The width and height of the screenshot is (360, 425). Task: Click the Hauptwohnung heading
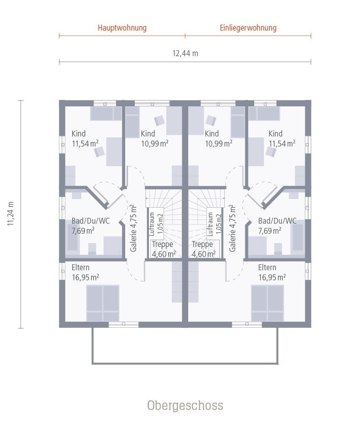122,28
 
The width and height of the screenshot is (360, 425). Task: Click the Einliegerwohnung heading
248,28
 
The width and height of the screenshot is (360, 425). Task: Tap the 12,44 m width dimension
185,53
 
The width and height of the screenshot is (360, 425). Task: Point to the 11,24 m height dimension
11,214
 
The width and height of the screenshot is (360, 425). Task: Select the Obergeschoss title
185,405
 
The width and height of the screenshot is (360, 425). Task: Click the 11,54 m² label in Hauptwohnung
85,143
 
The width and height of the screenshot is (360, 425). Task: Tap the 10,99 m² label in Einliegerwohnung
218,143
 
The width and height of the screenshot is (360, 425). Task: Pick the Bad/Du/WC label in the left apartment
90,220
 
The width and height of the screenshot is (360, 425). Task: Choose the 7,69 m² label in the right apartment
270,231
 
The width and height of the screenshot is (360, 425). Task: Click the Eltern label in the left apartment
80,268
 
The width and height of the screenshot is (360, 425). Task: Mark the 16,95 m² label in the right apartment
272,277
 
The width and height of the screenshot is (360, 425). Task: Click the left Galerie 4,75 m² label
133,228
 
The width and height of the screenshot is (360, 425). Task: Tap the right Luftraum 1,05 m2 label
214,224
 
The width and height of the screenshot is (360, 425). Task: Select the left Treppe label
162,244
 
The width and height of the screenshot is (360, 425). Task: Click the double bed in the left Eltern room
103,303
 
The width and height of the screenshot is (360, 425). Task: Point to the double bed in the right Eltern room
268,303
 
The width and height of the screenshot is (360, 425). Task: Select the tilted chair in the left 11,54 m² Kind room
99,152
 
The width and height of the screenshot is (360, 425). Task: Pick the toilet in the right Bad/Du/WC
278,249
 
